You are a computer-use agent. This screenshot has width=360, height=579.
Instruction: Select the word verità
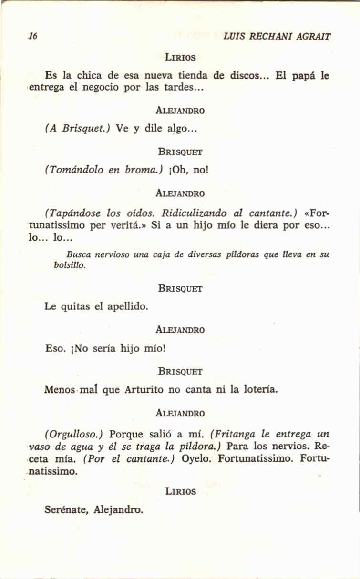point(128,225)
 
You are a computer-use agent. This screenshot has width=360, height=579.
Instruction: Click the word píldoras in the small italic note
point(245,255)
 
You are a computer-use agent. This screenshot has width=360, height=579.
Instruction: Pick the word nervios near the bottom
point(294,447)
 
